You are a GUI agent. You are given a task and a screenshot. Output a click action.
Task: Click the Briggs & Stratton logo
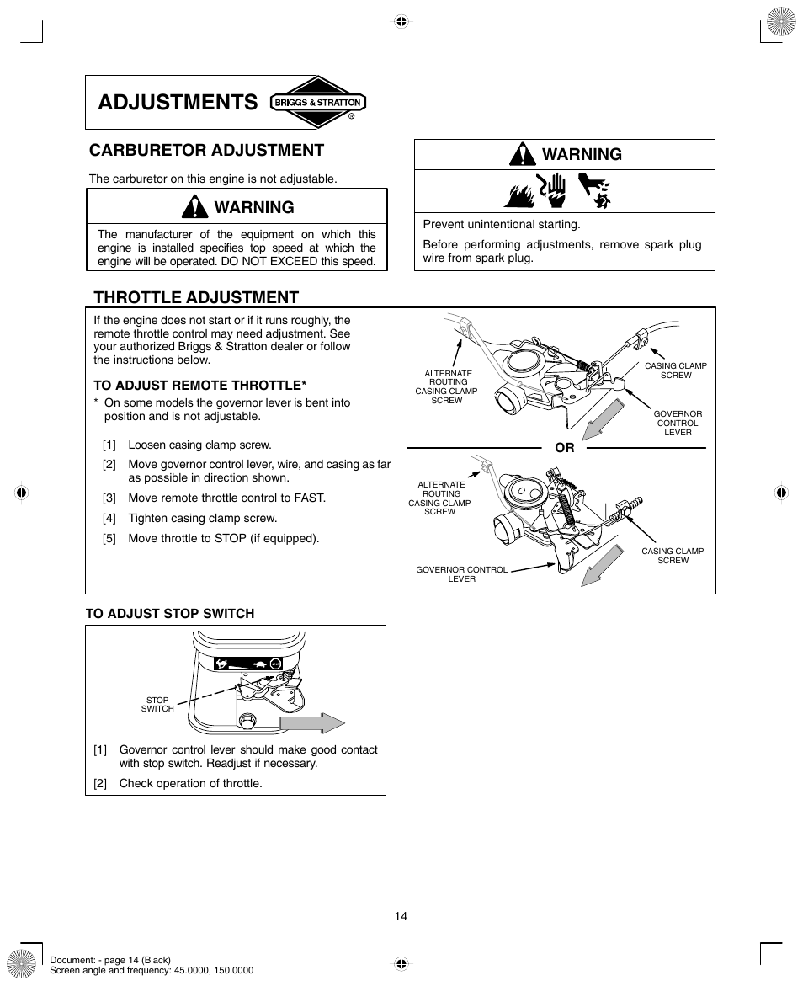click(318, 103)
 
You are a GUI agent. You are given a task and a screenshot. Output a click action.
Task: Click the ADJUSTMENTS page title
click(178, 103)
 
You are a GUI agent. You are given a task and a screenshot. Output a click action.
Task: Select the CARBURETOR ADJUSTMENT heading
click(207, 150)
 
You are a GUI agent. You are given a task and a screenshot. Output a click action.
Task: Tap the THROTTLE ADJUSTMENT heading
click(196, 297)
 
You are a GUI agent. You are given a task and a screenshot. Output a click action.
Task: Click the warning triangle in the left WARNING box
click(194, 206)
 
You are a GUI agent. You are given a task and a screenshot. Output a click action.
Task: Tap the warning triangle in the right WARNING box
click(523, 154)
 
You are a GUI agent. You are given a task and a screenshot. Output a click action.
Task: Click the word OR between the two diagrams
click(564, 448)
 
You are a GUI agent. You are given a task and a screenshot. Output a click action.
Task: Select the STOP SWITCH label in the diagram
click(157, 705)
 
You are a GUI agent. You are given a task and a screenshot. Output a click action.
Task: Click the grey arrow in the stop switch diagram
click(311, 723)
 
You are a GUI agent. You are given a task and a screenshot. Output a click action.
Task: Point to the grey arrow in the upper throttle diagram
click(604, 418)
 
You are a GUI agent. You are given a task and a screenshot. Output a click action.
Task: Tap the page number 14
click(401, 916)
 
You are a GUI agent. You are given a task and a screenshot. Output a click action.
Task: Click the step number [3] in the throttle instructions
click(109, 498)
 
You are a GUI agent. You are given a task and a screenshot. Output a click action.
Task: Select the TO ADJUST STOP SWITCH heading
click(170, 614)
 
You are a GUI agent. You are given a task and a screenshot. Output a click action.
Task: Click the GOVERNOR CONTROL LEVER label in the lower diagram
click(461, 574)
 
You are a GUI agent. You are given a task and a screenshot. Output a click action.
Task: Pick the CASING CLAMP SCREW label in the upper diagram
click(675, 370)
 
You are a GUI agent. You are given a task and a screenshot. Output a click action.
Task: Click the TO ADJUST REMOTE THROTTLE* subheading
click(199, 385)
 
